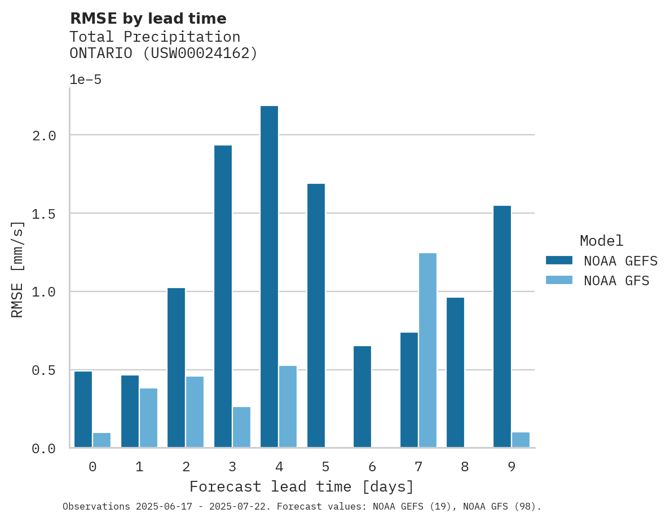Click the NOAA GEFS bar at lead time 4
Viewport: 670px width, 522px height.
point(269,276)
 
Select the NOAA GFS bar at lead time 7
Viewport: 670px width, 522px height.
point(427,350)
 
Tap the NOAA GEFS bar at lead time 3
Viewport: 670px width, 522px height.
point(223,296)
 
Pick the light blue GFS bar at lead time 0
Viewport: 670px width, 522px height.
point(102,440)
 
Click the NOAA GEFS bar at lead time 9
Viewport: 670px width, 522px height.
point(502,326)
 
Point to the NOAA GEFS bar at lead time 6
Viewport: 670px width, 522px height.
point(362,397)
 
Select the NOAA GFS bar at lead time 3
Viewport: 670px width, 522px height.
point(241,427)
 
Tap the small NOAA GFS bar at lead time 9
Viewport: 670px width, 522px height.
point(521,440)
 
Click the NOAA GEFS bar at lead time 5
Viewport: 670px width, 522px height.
point(316,315)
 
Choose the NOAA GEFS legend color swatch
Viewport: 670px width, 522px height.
point(559,260)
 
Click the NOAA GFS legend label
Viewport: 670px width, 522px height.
point(616,281)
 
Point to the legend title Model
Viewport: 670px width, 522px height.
point(601,241)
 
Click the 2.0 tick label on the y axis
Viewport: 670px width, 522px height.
point(43,135)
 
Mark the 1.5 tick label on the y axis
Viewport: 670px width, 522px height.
point(43,214)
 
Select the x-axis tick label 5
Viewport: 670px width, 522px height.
point(325,467)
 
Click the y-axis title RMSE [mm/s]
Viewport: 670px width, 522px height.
point(18,269)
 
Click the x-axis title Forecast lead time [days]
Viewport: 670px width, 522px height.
point(302,486)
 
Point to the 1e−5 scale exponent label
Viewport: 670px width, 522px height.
point(85,79)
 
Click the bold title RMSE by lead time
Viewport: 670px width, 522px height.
point(148,19)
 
